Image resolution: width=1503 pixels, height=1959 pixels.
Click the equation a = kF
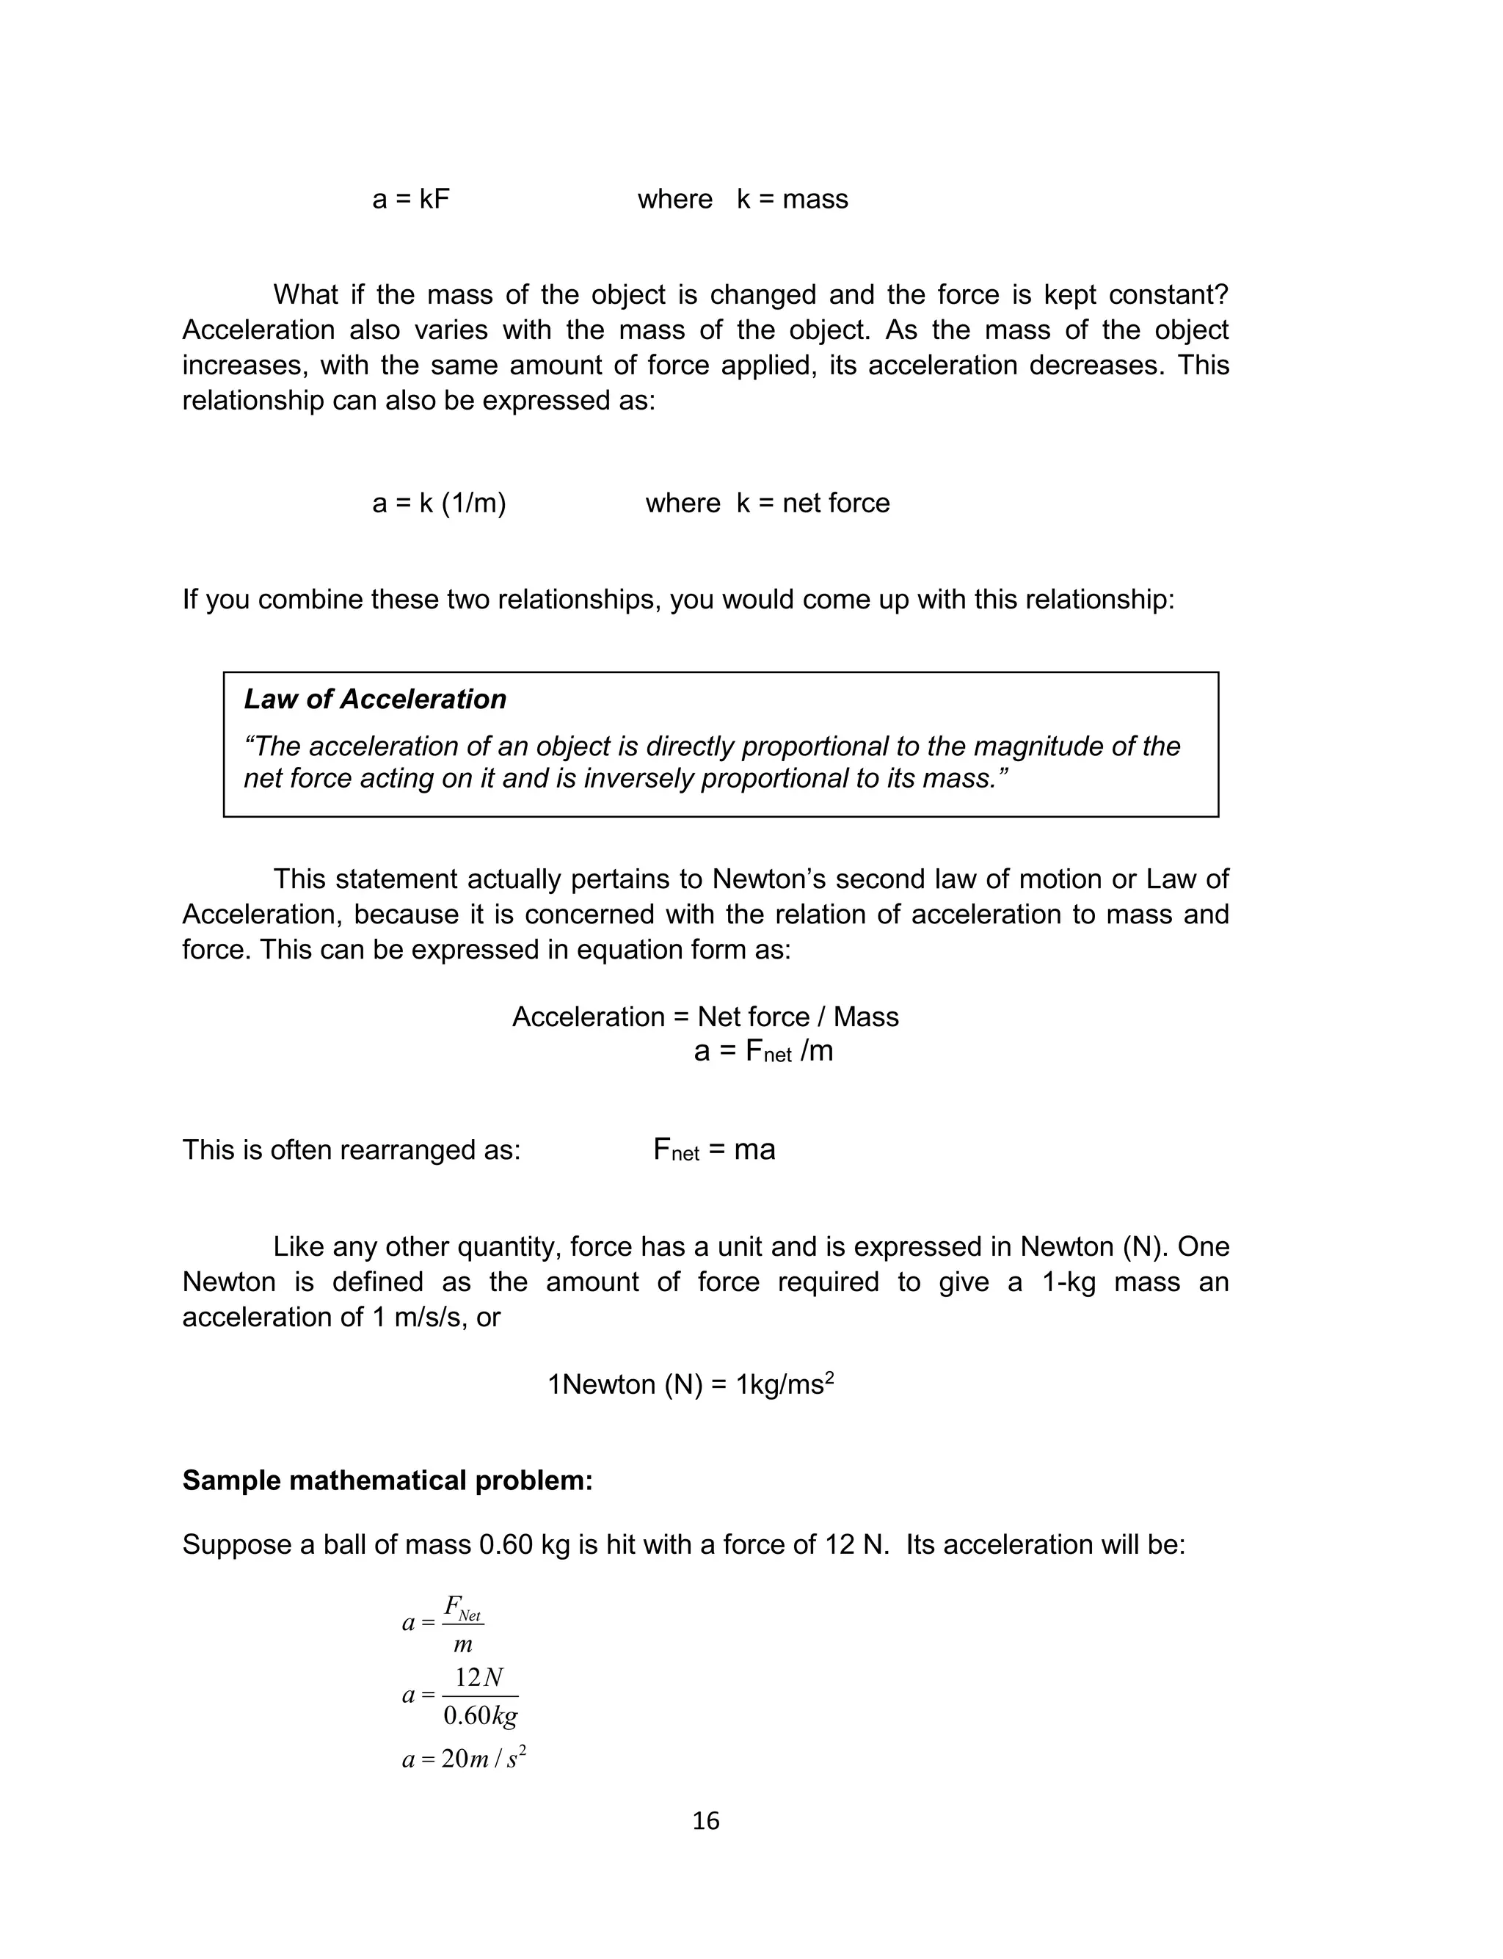411,199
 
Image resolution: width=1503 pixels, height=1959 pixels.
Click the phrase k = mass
792,199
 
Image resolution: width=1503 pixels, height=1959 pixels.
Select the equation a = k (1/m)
440,503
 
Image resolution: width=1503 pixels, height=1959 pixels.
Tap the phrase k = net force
812,503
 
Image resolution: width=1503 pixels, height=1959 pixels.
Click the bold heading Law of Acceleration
375,699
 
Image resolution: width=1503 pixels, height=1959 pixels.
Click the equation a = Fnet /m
763,1051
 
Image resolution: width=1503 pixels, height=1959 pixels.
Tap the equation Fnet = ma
714,1149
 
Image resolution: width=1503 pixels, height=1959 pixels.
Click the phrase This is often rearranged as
351,1149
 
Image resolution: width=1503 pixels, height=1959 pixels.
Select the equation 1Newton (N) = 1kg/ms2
691,1385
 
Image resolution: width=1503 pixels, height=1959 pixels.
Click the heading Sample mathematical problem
387,1480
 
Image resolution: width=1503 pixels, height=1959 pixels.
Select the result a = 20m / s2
463,1759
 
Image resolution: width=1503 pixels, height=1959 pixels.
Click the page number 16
706,1820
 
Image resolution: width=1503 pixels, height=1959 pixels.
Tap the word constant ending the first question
1168,294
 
